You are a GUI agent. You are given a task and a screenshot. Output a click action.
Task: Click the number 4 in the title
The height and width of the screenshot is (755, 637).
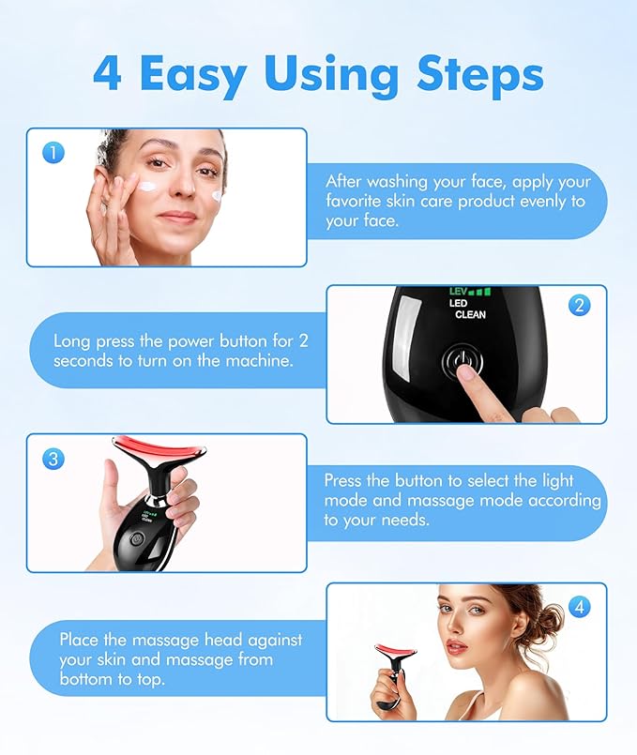tap(107, 74)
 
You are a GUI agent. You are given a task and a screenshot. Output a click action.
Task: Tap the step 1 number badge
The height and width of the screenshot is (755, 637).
tap(53, 153)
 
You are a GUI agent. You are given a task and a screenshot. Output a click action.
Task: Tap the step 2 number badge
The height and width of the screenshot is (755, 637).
tap(580, 305)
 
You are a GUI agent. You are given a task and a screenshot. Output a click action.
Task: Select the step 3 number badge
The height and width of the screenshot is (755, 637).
tap(53, 459)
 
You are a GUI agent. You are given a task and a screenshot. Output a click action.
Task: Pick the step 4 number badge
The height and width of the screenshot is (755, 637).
tap(580, 607)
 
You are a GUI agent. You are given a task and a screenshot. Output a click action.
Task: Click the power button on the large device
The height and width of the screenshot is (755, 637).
tap(458, 362)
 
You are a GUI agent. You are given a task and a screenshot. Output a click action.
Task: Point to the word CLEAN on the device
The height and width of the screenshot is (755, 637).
tap(470, 315)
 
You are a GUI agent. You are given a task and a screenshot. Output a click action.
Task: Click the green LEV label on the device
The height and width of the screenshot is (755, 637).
tap(458, 292)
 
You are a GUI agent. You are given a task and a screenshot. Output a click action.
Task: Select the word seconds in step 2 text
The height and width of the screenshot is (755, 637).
tap(83, 360)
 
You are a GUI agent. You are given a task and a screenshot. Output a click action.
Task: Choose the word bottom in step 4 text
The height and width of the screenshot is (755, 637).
tap(85, 679)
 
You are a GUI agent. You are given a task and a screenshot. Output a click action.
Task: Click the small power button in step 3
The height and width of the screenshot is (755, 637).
tap(136, 539)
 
